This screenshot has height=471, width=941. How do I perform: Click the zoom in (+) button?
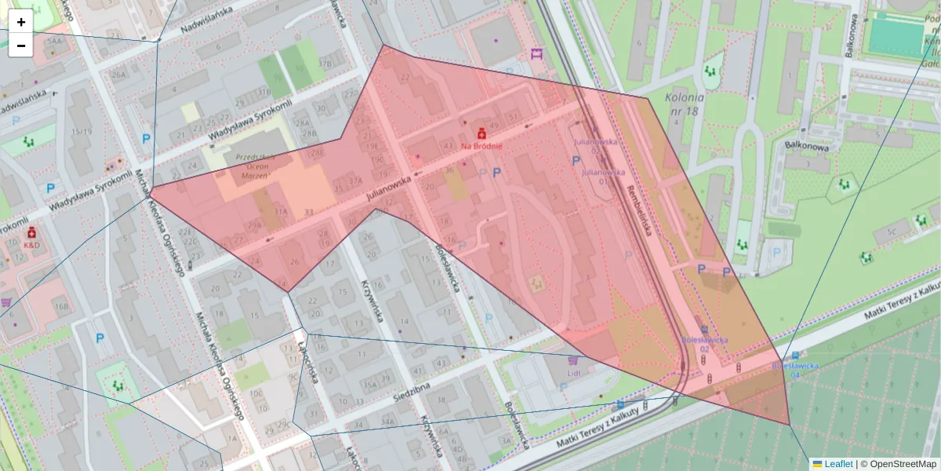(21, 22)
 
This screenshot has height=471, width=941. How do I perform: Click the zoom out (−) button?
(21, 46)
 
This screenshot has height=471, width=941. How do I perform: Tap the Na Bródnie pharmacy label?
(481, 146)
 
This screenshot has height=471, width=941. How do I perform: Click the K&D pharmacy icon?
(32, 233)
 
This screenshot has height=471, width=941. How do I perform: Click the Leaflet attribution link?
(837, 464)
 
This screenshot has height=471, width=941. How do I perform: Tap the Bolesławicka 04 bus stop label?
(795, 370)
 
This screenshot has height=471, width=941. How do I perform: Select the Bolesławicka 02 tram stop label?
(704, 344)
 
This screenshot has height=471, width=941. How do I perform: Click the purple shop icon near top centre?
(536, 53)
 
